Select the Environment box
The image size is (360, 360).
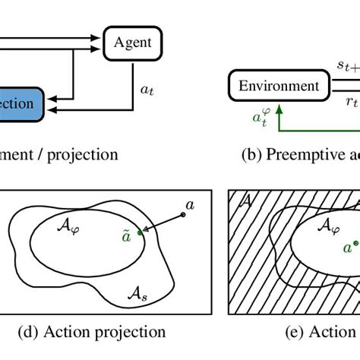[x=279, y=86]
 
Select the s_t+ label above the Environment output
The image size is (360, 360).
[x=349, y=68]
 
